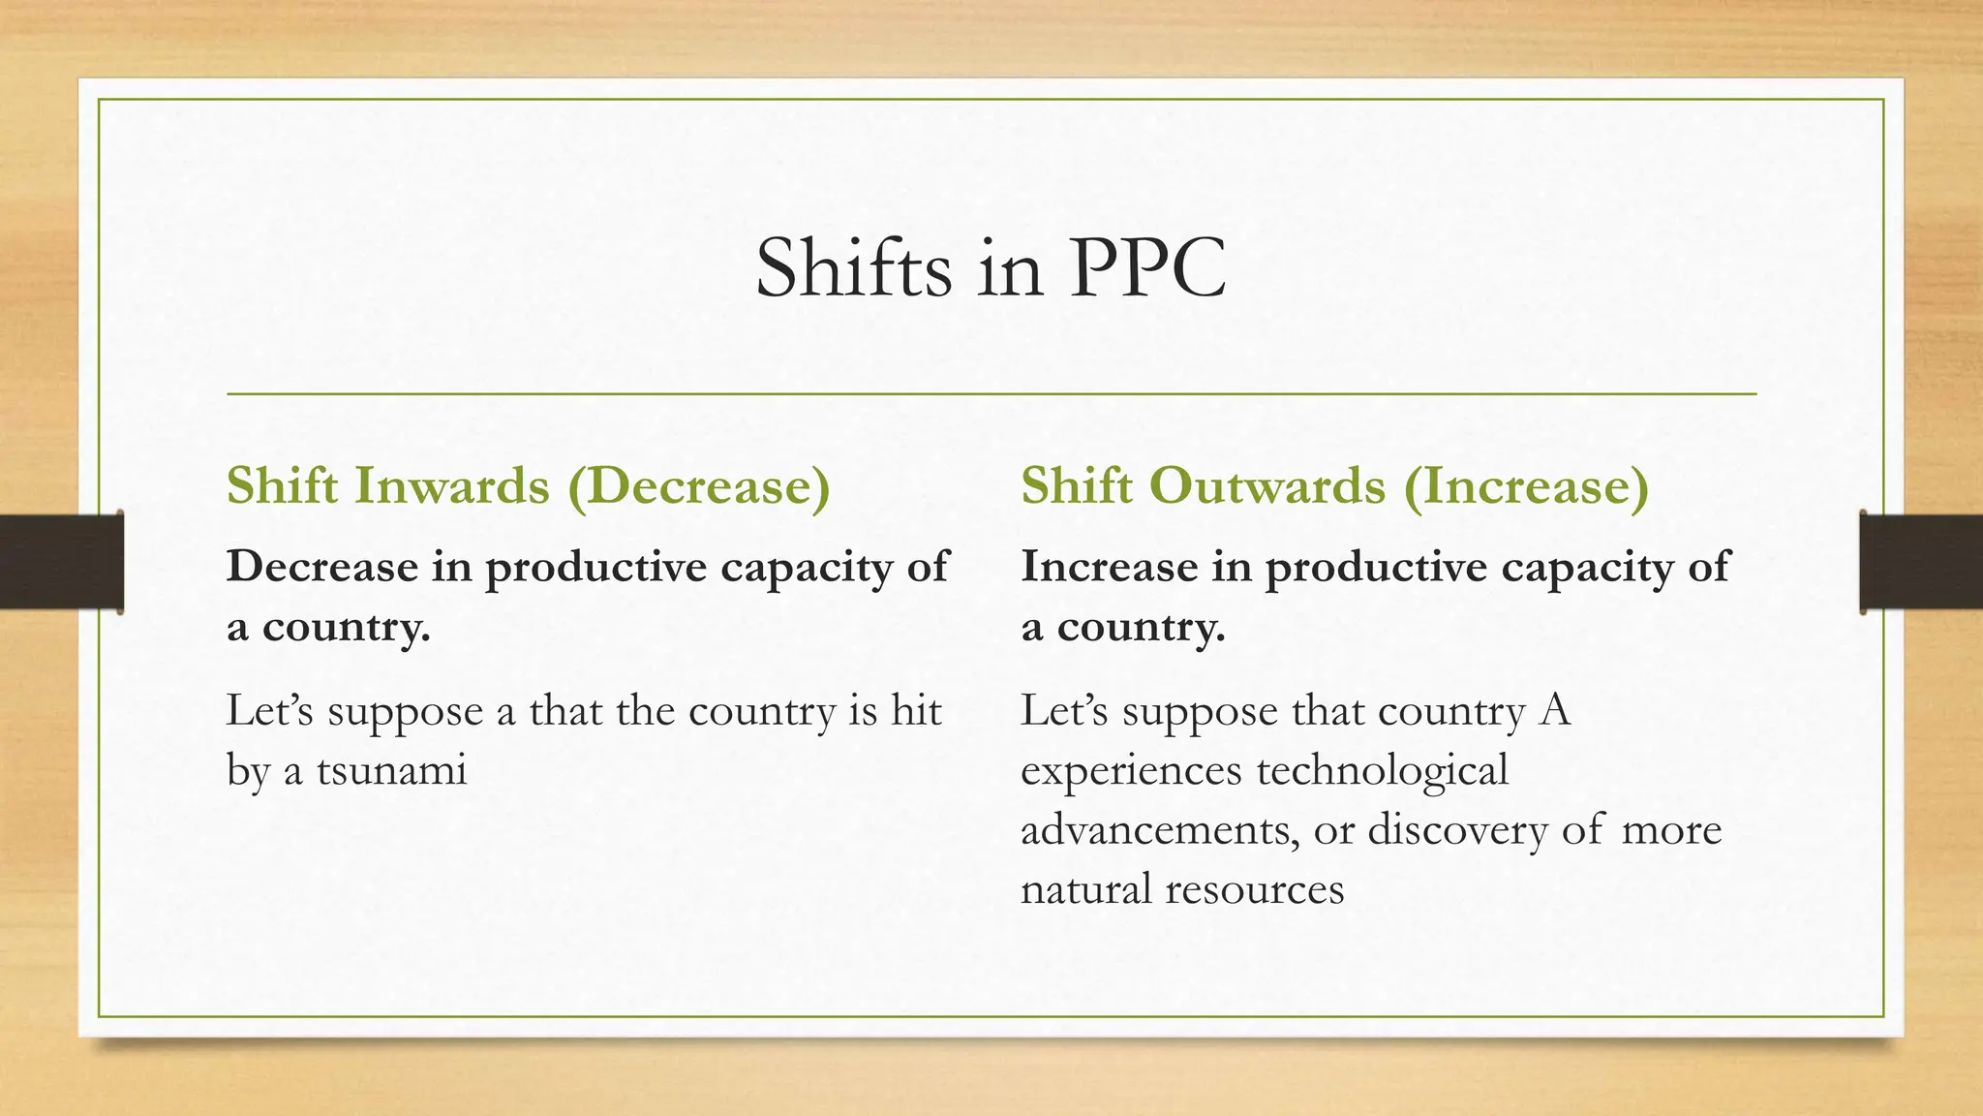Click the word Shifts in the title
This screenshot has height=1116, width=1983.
[853, 268]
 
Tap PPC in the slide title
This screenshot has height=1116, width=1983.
[1147, 268]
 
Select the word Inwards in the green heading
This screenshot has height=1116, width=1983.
[452, 485]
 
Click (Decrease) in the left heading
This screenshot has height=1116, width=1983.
[708, 485]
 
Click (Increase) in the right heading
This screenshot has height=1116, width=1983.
[1526, 485]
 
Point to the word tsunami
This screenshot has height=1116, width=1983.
[391, 770]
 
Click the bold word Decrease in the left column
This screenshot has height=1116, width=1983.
[322, 566]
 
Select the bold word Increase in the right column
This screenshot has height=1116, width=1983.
[1109, 566]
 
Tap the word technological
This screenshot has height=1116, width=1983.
[1383, 770]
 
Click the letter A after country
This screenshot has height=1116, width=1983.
[1554, 711]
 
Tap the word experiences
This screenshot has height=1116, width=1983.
[1131, 770]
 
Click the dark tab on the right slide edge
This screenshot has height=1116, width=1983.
[1921, 562]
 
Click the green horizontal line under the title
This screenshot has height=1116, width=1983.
[991, 394]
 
